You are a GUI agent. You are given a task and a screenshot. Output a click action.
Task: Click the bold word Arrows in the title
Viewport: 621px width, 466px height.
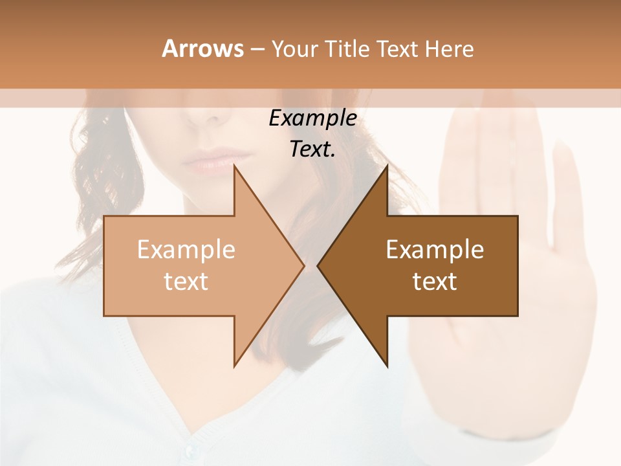[x=202, y=49]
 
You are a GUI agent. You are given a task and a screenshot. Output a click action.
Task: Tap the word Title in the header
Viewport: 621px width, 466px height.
[x=347, y=49]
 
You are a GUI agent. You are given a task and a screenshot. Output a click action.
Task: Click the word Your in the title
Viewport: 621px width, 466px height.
[x=294, y=49]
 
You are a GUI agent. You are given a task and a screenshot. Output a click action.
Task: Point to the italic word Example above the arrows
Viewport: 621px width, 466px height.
[x=312, y=118]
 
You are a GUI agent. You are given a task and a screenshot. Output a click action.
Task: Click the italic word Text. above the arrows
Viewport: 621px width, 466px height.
[x=312, y=150]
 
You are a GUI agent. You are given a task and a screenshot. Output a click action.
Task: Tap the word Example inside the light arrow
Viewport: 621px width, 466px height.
[x=186, y=250]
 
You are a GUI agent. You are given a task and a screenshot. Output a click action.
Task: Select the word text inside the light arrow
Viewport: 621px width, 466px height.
[x=186, y=282]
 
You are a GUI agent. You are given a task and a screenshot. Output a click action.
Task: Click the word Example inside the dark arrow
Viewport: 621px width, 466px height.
[x=435, y=250]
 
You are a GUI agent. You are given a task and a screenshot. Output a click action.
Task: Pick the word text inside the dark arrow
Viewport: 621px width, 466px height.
[x=435, y=282]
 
